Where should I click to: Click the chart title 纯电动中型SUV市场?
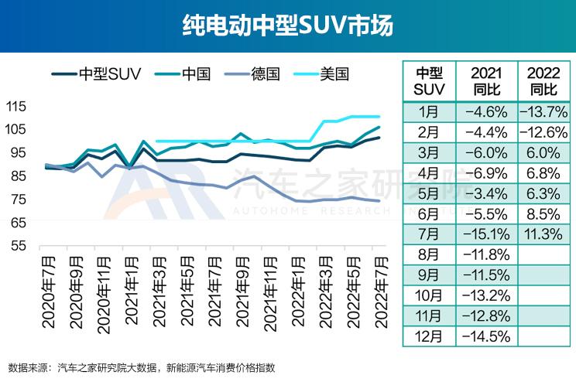coord(288,26)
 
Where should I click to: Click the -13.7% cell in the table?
coord(543,112)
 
